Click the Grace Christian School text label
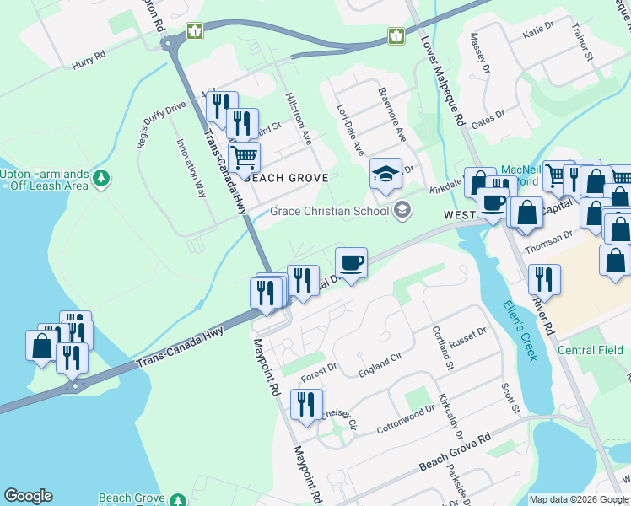[x=331, y=211]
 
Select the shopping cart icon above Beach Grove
[x=244, y=157]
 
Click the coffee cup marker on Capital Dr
[x=351, y=263]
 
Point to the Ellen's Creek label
[x=519, y=331]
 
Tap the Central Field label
[x=591, y=350]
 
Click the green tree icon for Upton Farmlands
[x=101, y=178]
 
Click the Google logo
[x=28, y=496]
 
